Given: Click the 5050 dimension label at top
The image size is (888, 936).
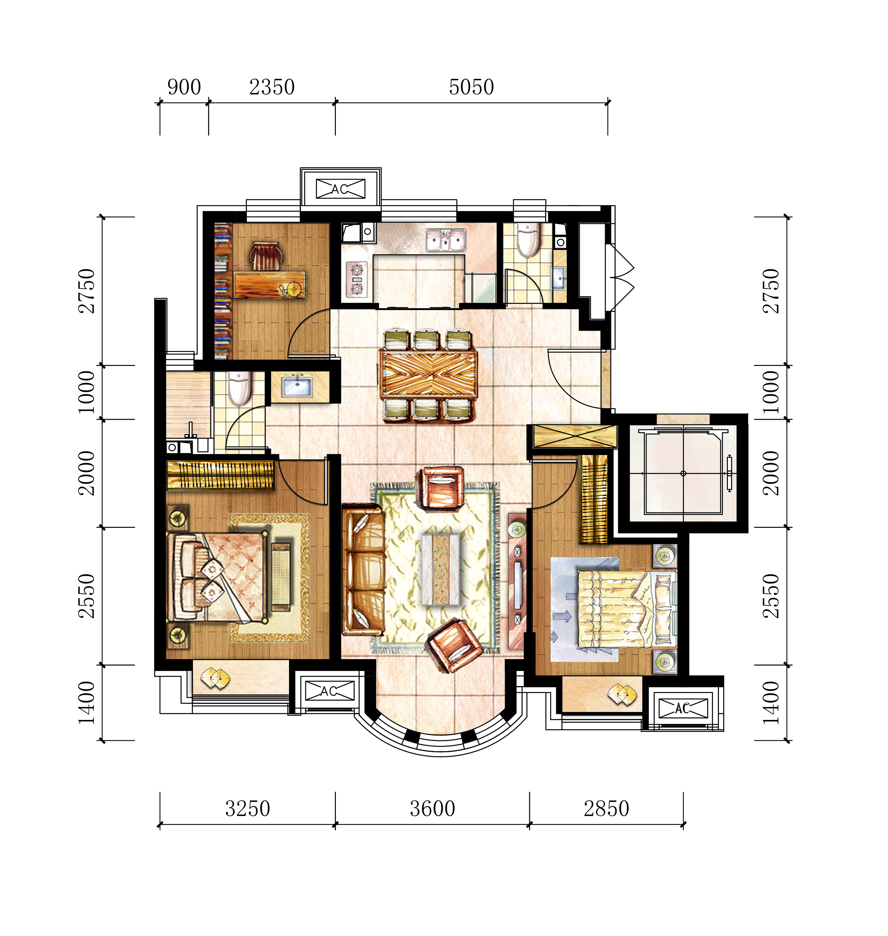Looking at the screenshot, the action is click(x=471, y=87).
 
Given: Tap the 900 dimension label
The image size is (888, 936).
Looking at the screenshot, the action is click(x=184, y=87).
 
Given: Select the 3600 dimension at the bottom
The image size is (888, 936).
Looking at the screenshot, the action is click(x=433, y=809).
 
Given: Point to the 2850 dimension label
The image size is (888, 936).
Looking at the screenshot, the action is click(x=606, y=809).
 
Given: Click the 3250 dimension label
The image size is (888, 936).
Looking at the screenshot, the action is click(x=247, y=809).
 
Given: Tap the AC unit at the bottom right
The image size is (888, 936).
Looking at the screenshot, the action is click(x=683, y=708).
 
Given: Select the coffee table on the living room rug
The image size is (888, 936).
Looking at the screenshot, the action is click(x=441, y=569).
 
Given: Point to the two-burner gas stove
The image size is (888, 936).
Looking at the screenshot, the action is click(x=356, y=280).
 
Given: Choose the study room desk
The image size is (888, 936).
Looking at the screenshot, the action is click(x=269, y=284).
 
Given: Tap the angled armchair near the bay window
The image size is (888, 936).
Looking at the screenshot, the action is click(x=454, y=645).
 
